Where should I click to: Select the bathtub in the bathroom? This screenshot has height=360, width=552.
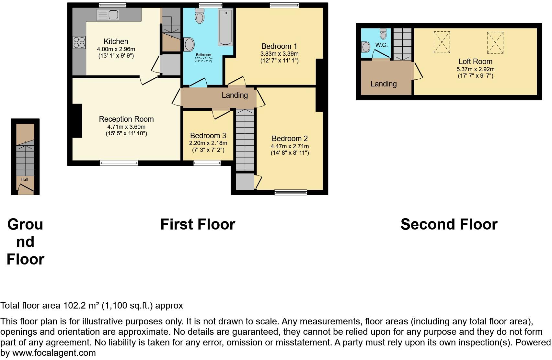click(x=225, y=27)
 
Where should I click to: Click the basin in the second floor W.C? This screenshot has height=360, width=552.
click(x=366, y=47)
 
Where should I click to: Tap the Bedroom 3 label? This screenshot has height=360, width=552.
click(x=208, y=136)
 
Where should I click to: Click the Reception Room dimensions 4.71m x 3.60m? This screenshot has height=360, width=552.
click(x=126, y=127)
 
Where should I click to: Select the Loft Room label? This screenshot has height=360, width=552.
click(x=475, y=62)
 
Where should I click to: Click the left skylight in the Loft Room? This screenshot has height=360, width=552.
click(x=442, y=42)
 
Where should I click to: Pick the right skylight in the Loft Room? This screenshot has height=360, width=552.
click(x=495, y=42)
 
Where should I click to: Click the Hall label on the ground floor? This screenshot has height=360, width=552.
click(x=24, y=179)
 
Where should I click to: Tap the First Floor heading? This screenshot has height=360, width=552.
click(x=198, y=224)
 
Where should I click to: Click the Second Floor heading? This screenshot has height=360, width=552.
click(x=449, y=224)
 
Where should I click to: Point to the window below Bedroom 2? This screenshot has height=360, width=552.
click(x=290, y=193)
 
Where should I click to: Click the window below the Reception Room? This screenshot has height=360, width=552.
click(x=119, y=163)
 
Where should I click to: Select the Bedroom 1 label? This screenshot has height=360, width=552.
click(x=279, y=46)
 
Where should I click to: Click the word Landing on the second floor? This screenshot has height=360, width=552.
click(x=384, y=84)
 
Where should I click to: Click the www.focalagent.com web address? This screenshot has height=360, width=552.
click(x=54, y=353)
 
